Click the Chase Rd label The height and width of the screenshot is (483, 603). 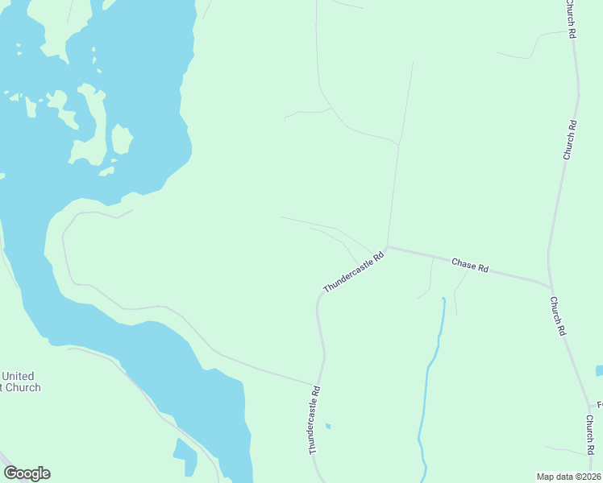tap(470, 265)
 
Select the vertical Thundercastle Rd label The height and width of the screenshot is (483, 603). tap(314, 419)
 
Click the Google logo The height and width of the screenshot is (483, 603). tap(27, 473)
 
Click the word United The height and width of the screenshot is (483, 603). tap(18, 376)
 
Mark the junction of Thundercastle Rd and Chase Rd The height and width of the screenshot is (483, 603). tap(387, 247)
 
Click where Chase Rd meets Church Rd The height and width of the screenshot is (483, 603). tap(551, 286)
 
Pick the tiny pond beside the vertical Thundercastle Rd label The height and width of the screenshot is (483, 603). tap(327, 425)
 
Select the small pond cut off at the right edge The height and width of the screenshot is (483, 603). tap(599, 371)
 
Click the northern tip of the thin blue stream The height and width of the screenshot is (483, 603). tap(443, 299)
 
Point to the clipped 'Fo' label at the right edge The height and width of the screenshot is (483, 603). tap(599, 404)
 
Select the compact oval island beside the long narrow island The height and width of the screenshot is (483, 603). tap(121, 139)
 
